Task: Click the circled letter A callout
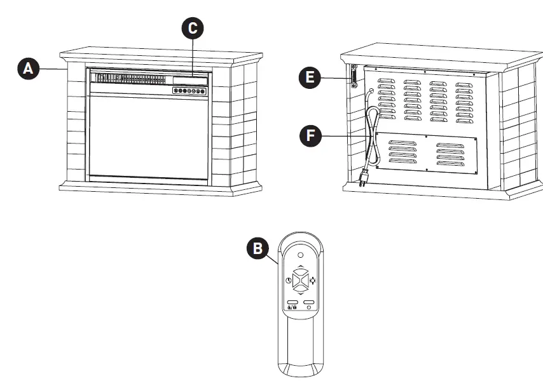pos(27,69)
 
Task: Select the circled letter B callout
pos(257,248)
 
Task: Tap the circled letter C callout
pos(193,28)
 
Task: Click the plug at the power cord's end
pos(366,180)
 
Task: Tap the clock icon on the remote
pos(288,280)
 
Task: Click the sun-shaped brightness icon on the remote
pos(312,280)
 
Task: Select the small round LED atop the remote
pos(300,255)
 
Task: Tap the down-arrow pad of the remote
pos(300,289)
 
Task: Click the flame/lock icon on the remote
pos(291,307)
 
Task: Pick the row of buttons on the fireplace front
pos(189,91)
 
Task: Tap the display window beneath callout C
pos(189,80)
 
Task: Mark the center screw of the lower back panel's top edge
pos(425,135)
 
